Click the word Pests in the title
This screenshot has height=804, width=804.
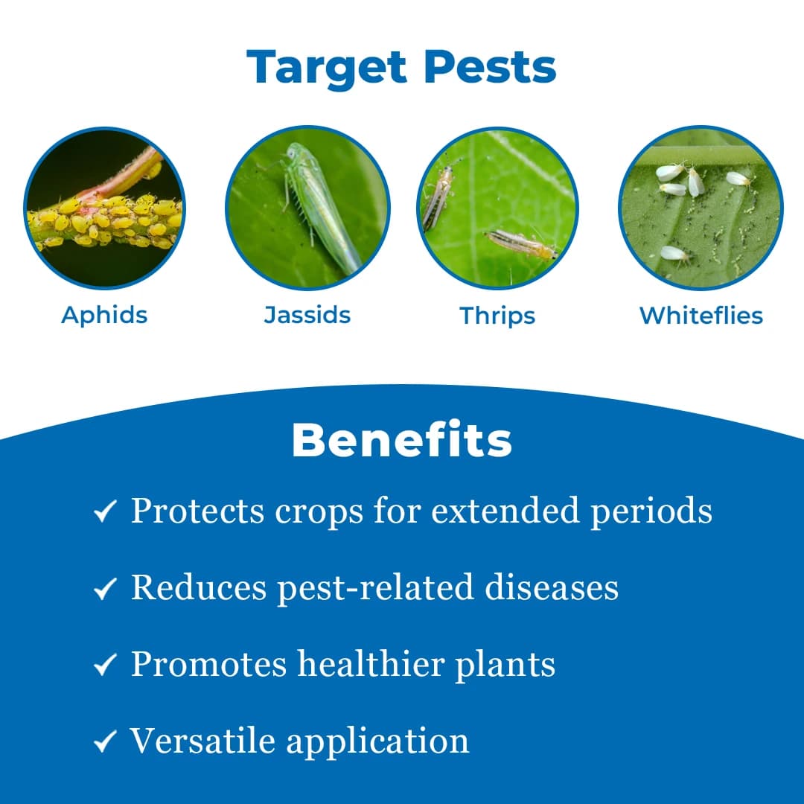click(x=490, y=67)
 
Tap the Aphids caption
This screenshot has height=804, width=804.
click(x=104, y=315)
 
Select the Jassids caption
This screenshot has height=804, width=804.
click(x=307, y=315)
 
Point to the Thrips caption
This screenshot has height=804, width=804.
click(x=497, y=316)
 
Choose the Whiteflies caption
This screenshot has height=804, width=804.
click(x=701, y=316)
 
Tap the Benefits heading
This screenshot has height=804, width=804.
click(x=401, y=441)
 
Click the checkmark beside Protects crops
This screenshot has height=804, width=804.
click(x=105, y=512)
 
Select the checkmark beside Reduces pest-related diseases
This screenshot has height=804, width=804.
click(x=105, y=590)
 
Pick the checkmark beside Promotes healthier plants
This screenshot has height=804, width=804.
click(x=105, y=666)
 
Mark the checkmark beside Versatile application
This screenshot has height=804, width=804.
click(x=105, y=741)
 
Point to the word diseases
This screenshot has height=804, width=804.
click(x=552, y=587)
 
